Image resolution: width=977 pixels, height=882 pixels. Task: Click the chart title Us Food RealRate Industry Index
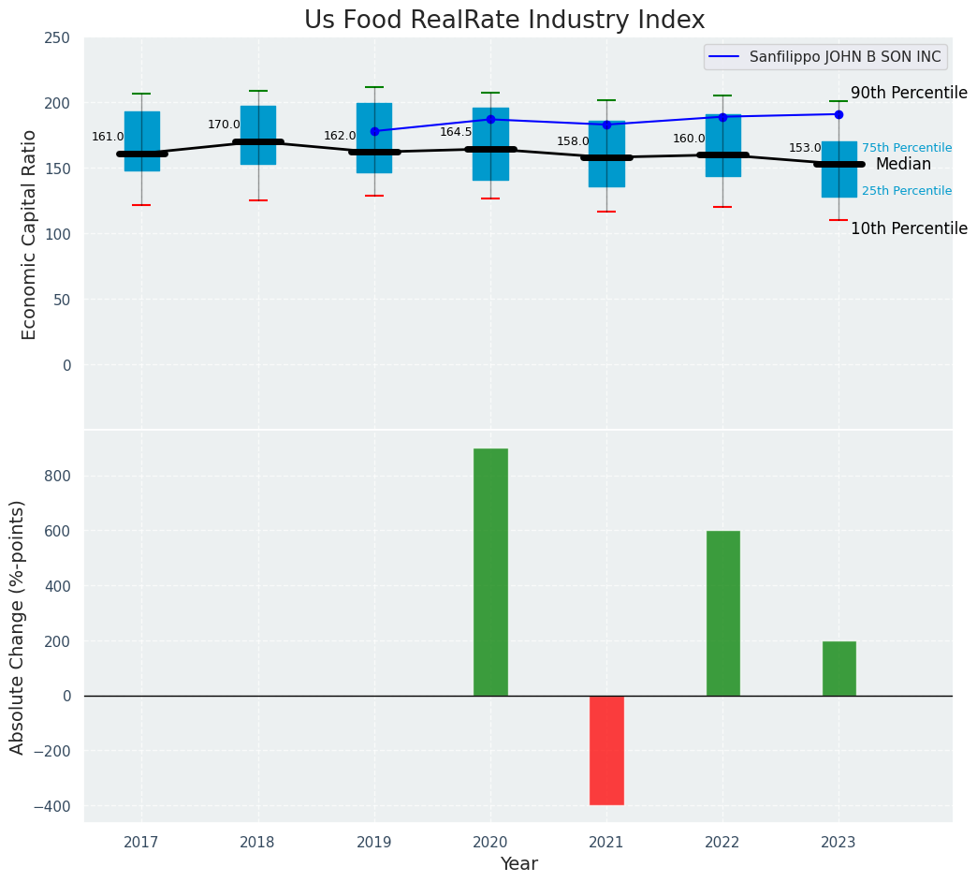point(504,21)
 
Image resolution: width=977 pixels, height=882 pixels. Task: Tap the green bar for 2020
point(490,572)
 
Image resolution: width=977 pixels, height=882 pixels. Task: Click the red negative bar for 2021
point(606,750)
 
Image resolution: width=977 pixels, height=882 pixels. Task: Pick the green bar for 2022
point(722,613)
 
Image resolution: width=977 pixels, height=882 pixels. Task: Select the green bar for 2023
point(838,669)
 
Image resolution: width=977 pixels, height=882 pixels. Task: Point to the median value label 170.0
point(224,125)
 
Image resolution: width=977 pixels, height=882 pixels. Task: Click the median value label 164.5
point(456,132)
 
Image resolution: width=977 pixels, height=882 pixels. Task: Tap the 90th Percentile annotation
point(909,93)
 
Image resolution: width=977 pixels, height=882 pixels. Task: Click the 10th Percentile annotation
point(909,228)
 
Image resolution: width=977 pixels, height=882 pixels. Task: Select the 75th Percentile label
point(907,148)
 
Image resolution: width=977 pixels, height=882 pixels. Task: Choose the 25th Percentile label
point(907,191)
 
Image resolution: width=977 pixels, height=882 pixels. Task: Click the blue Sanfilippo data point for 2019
point(374,131)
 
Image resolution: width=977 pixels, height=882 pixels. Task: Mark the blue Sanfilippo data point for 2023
point(838,114)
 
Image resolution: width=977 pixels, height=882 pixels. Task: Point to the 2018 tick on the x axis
point(257,843)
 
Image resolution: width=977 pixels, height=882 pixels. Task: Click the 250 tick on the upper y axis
point(57,37)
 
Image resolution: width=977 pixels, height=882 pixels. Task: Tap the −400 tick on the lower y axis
point(51,806)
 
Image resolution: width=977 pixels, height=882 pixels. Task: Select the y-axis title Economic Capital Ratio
point(29,234)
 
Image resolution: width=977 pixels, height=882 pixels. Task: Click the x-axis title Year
point(518,864)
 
